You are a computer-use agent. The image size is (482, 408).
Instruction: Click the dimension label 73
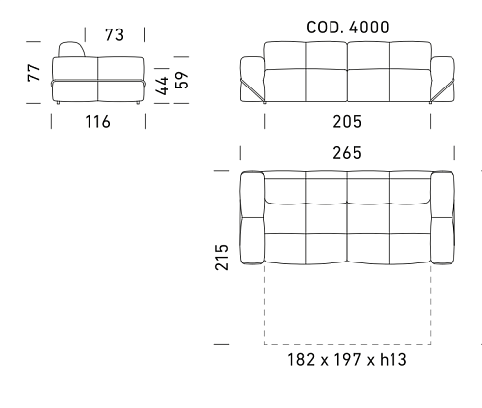pos(114,35)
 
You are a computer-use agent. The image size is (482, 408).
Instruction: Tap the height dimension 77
pos(33,73)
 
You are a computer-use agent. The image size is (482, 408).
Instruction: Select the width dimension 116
pos(97,122)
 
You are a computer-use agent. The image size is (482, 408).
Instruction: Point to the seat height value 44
pos(162,86)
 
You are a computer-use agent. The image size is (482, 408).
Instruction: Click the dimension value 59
pos(182,80)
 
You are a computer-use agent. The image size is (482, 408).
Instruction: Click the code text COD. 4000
pos(347,28)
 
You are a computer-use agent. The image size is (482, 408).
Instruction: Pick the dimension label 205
pos(347,122)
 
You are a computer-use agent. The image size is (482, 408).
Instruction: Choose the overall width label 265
pos(347,153)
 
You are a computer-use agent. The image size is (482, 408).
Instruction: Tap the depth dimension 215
pos(222,257)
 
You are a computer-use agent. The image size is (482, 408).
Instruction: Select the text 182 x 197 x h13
pos(347,360)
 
